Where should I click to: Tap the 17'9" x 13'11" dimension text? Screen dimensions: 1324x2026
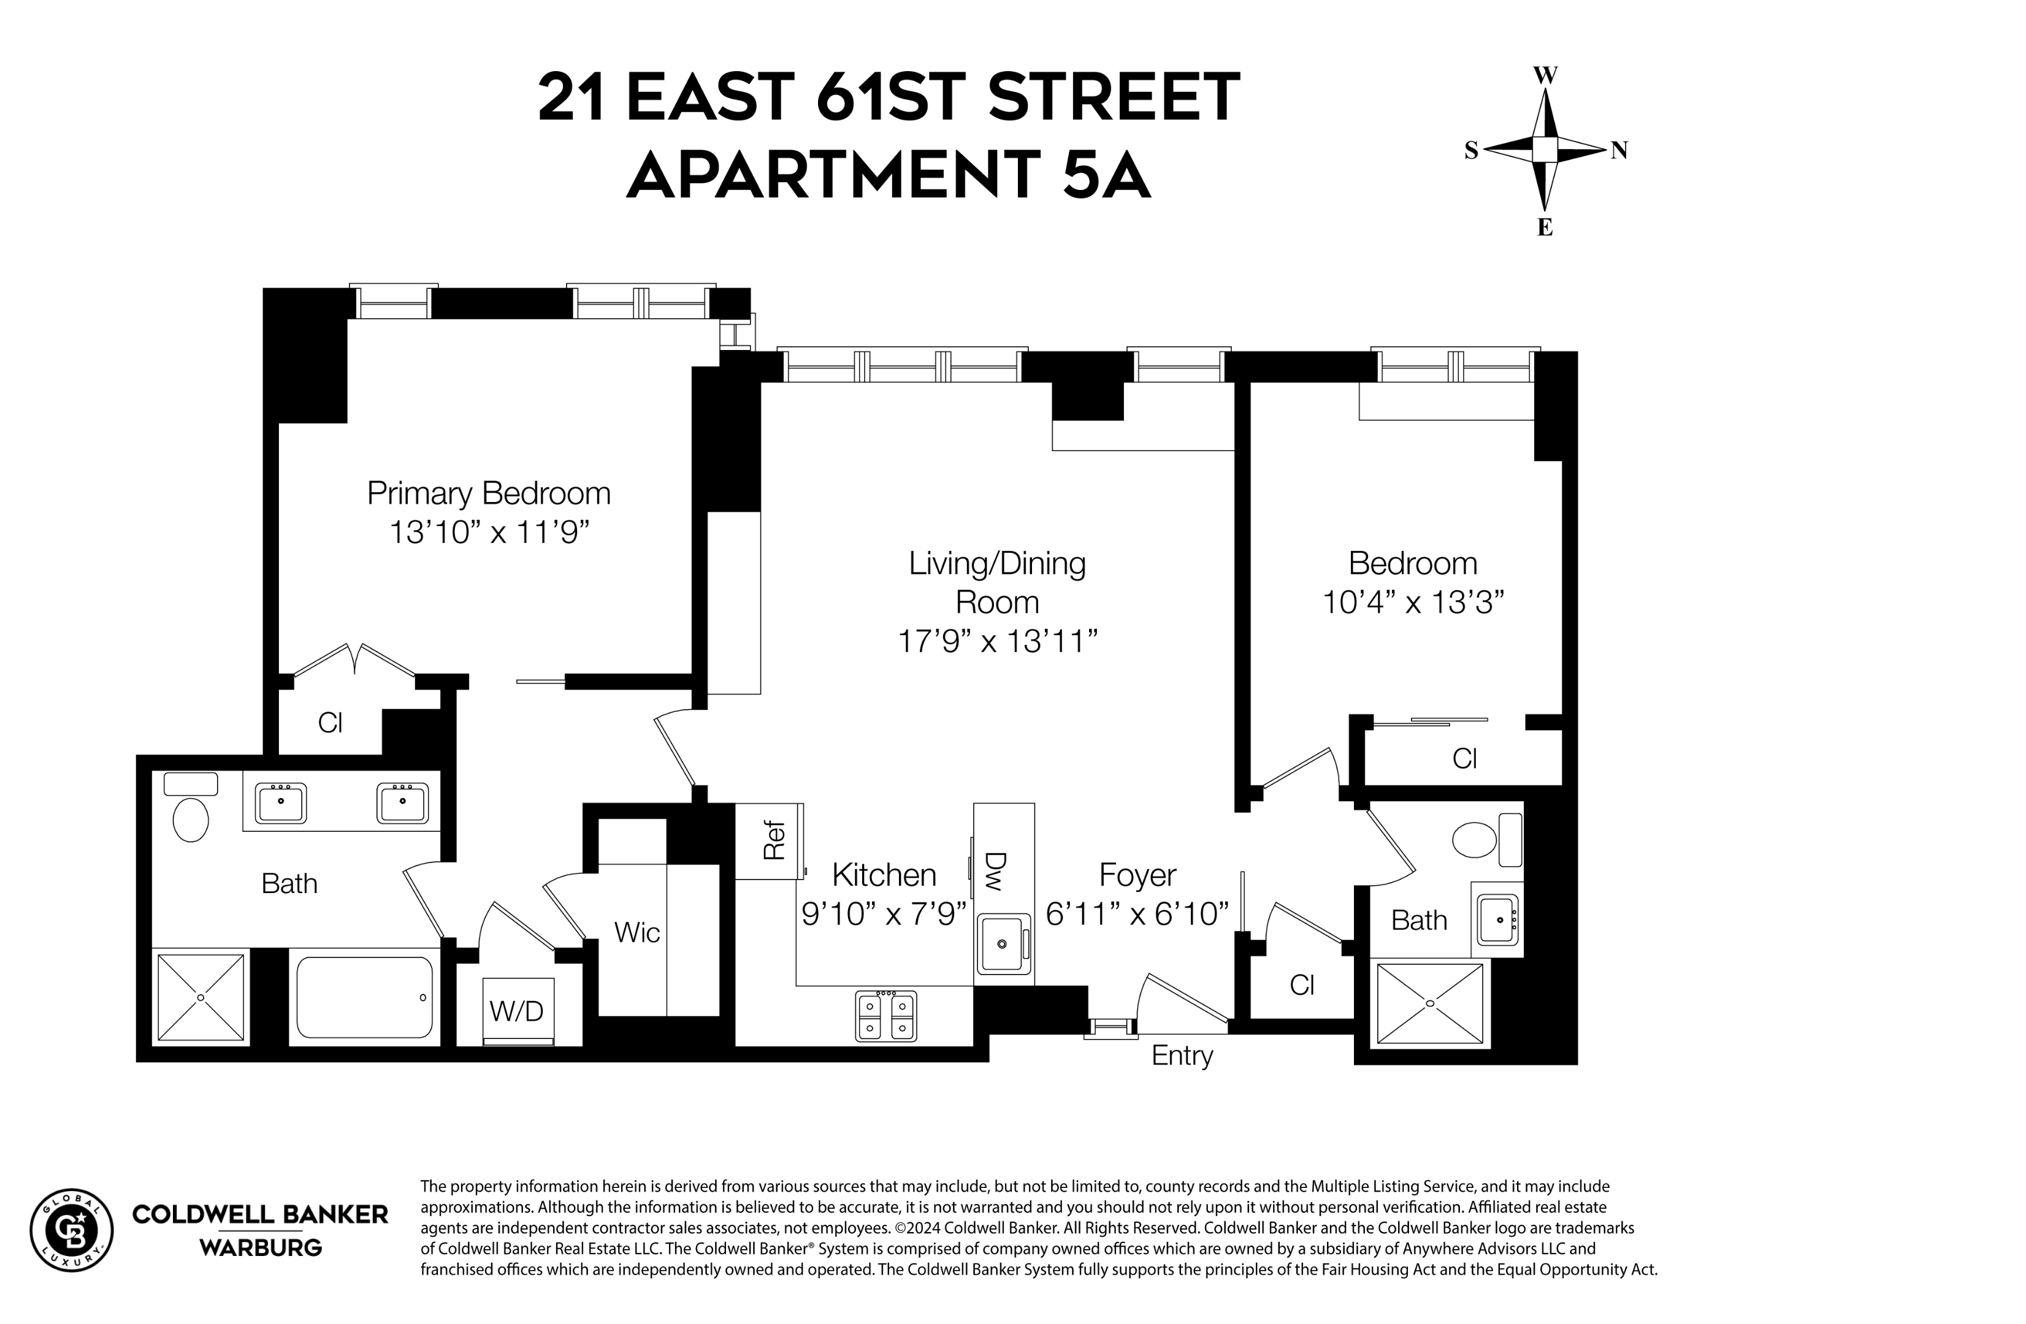click(997, 641)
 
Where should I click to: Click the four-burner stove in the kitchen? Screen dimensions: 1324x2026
click(885, 1016)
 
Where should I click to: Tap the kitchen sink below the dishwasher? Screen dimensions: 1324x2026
click(1003, 943)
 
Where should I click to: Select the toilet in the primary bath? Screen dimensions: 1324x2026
click(191, 818)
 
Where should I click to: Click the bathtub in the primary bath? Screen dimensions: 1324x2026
click(364, 997)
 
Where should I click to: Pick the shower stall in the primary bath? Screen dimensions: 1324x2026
click(201, 997)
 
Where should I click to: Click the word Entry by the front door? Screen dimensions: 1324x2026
click(1182, 1056)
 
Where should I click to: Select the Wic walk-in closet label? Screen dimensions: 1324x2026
click(636, 932)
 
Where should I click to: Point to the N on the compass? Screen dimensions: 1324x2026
click(1618, 151)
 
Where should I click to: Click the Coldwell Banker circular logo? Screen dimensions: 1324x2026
click(72, 1230)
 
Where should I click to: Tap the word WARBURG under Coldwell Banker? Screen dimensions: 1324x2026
click(261, 1248)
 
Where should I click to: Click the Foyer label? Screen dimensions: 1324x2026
click(1137, 875)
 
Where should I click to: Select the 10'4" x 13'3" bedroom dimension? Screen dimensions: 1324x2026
click(1413, 603)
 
